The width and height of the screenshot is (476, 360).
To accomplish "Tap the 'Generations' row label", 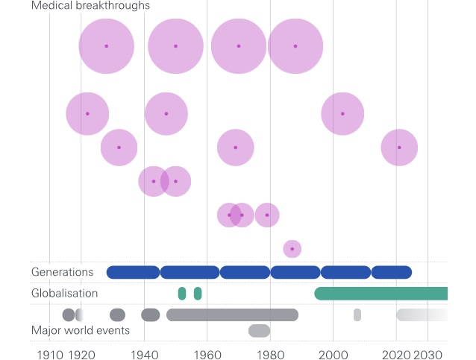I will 63,272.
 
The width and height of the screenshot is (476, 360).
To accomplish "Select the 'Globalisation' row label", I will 65,293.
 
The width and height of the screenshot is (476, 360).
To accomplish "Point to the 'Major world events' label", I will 81,330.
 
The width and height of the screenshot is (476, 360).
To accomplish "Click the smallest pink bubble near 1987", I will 292,248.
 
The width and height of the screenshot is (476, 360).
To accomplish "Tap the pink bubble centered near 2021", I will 399,148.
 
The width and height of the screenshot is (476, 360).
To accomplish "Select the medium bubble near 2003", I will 342,114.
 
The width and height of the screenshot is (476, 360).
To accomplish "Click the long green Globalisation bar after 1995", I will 381,294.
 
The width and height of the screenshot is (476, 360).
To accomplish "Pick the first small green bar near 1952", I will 182,294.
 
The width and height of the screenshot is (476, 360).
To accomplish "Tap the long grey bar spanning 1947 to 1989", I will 232,315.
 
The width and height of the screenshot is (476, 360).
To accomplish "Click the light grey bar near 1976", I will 259,331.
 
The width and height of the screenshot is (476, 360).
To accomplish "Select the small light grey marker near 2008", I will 357,315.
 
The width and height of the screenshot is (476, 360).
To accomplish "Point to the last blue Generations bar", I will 392,272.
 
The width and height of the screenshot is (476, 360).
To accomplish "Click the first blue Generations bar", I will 133,272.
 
